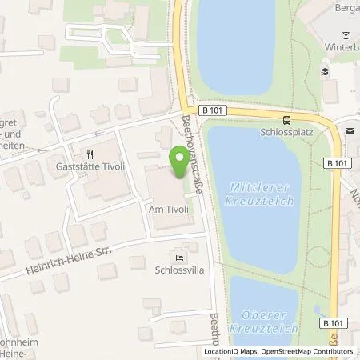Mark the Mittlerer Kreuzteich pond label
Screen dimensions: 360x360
pyautogui.click(x=262, y=193)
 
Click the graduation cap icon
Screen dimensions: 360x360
pyautogui.click(x=326, y=72)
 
